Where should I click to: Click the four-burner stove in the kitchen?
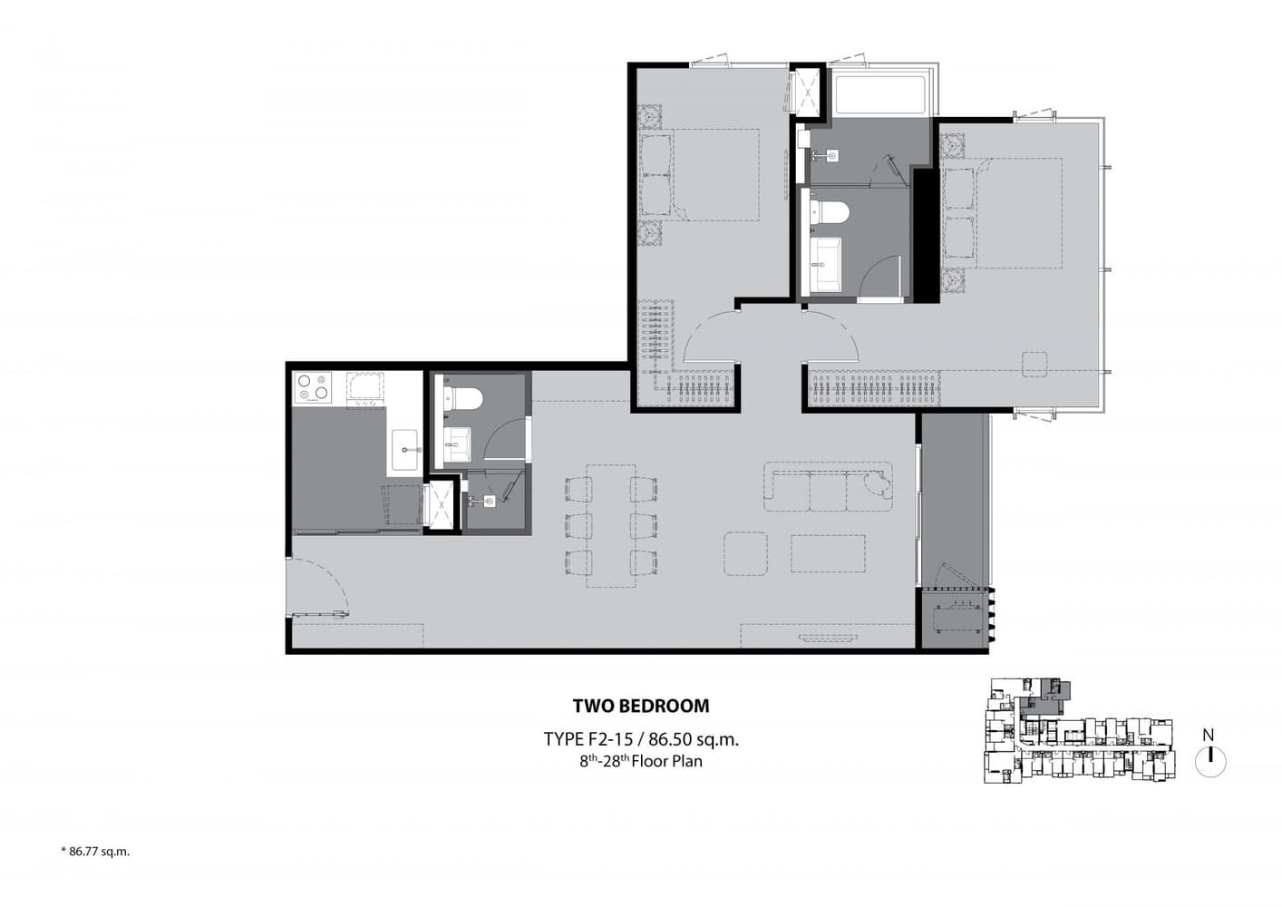pyautogui.click(x=313, y=388)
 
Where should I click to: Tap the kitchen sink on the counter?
pyautogui.click(x=405, y=450)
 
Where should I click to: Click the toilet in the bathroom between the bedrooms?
pyautogui.click(x=830, y=212)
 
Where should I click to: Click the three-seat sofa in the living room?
pyautogui.click(x=828, y=487)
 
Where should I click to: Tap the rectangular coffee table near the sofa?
pyautogui.click(x=828, y=553)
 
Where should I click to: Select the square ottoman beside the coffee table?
pyautogui.click(x=746, y=553)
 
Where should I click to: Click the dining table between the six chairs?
pyautogui.click(x=611, y=526)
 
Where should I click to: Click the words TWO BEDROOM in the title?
pyautogui.click(x=641, y=706)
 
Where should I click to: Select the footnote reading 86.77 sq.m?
pyautogui.click(x=95, y=852)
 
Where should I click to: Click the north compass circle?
pyautogui.click(x=1210, y=762)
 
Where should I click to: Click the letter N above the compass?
pyautogui.click(x=1209, y=735)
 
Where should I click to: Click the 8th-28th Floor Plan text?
pyautogui.click(x=641, y=761)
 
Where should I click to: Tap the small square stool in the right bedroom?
pyautogui.click(x=1034, y=365)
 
